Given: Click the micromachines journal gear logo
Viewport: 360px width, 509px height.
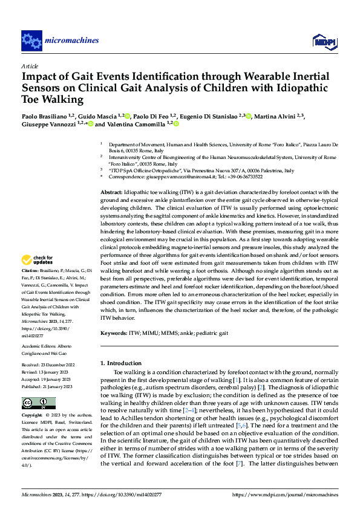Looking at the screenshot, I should point(31,41).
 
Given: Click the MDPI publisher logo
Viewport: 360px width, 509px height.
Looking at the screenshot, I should point(321,41).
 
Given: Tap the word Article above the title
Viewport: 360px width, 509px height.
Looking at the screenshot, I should point(30,65).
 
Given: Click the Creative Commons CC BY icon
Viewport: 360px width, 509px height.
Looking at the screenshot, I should point(38,403).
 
